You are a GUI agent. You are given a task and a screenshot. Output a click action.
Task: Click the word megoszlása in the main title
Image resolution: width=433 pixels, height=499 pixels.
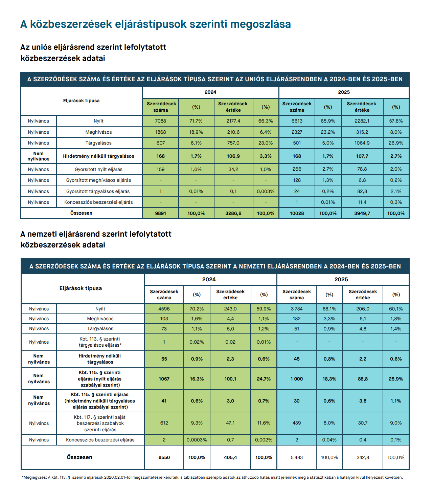260,24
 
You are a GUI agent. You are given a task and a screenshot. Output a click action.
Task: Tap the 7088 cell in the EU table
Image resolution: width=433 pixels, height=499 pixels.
161,121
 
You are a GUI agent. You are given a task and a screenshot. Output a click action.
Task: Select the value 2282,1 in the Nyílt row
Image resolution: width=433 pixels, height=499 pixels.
362,121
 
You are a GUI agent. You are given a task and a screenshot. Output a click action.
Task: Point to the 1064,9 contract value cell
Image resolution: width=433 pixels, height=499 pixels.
362,143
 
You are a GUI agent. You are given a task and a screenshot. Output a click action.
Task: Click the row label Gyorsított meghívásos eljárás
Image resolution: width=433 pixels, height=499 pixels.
98,180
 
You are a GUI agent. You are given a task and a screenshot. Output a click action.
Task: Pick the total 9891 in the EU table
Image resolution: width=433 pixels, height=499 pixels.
161,213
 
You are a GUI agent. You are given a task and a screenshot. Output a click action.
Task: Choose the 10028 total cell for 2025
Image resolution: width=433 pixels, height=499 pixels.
297,213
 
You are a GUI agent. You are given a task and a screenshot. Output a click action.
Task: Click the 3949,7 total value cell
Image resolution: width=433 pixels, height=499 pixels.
362,213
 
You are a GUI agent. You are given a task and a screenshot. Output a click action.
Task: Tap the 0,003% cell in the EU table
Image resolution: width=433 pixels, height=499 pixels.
266,191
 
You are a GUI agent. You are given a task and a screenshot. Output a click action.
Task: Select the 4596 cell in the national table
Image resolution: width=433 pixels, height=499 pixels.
164,309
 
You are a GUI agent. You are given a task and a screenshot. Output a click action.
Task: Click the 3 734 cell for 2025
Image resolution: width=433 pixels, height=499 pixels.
297,309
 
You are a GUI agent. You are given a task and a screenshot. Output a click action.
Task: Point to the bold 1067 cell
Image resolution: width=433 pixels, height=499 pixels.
164,379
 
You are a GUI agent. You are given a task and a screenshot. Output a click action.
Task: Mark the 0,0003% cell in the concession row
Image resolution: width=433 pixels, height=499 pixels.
197,440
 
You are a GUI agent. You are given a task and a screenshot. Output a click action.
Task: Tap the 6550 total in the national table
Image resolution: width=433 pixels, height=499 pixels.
164,457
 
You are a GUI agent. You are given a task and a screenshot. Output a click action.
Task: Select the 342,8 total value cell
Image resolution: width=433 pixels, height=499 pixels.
363,457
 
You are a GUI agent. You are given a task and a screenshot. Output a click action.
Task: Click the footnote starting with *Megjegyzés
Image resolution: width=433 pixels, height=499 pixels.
212,477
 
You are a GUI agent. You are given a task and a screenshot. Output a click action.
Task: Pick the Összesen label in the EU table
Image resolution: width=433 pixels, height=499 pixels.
81,213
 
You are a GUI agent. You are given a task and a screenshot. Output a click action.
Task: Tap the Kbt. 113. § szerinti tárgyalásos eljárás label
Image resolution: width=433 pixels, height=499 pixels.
100,342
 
